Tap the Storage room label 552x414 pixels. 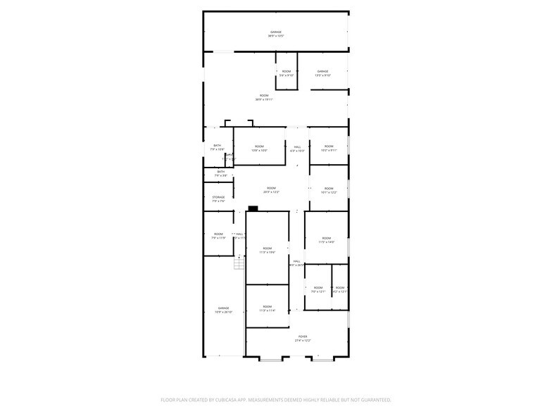(219, 199)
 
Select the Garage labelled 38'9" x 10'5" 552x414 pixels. (276, 34)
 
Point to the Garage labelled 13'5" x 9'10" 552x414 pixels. (322, 73)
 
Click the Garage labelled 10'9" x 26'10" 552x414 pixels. (223, 310)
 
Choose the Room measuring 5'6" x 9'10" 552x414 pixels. (287, 73)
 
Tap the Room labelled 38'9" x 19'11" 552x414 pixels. (264, 97)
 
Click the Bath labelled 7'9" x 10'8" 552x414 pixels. (218, 147)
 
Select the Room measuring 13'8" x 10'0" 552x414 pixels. (259, 148)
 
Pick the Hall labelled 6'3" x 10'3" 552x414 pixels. (298, 148)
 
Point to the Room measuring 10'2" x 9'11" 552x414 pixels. (329, 148)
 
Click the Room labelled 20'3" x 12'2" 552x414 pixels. (271, 190)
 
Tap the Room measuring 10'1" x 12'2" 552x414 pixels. (329, 190)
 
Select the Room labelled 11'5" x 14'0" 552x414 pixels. (327, 240)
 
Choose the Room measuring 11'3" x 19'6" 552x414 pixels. (267, 250)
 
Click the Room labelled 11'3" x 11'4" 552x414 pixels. (267, 308)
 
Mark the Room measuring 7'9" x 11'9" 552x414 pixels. (218, 236)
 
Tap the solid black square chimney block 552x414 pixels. (253, 208)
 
